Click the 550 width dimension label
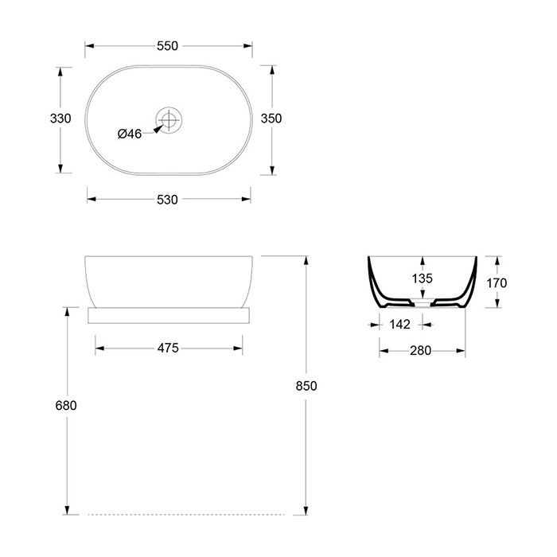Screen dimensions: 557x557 point(167,46)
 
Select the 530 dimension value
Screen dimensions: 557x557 point(167,200)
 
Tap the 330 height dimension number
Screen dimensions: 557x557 point(60,119)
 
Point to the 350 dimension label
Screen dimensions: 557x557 point(271,119)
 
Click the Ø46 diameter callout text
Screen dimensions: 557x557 point(130,134)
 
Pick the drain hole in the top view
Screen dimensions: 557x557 point(169,119)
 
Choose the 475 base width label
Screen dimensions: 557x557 point(168,348)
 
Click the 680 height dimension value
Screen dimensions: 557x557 point(66,405)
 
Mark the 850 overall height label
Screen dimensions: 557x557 point(306,386)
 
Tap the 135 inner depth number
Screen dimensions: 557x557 point(423,278)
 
